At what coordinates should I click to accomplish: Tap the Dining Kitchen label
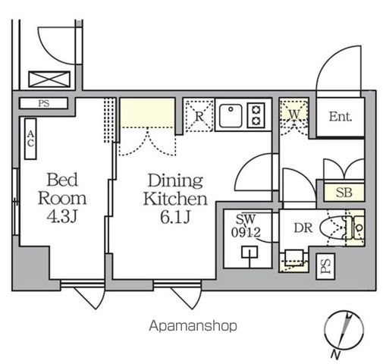point(175,190)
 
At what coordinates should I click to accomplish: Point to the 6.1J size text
point(175,218)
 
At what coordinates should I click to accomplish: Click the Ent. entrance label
point(339,118)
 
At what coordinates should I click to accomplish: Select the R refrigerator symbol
point(199,116)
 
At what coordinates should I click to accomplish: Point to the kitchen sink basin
point(229,115)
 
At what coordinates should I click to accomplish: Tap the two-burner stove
point(256,115)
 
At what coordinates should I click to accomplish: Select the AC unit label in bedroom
point(31,140)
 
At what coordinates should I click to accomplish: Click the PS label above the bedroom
point(43,103)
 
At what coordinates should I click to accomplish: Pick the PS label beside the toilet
point(325,265)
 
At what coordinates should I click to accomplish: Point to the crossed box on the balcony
point(49,79)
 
